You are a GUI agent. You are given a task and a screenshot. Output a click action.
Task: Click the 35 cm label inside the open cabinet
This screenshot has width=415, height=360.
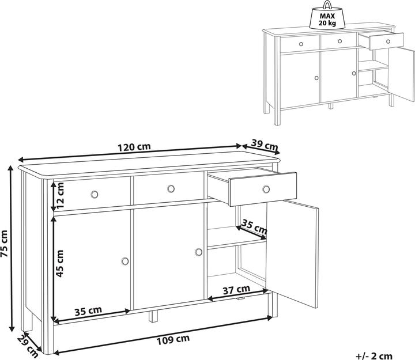(254, 226)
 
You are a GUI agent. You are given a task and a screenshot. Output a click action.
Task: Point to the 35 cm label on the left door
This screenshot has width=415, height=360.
(88, 310)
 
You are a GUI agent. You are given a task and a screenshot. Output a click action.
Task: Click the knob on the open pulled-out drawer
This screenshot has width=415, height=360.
(266, 189)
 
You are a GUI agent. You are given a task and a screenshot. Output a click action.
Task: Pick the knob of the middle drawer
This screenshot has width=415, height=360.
(171, 189)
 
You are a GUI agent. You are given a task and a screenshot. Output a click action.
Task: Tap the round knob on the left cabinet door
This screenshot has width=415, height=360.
(125, 262)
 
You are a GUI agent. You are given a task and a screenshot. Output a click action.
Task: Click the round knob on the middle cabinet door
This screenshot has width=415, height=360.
(199, 252)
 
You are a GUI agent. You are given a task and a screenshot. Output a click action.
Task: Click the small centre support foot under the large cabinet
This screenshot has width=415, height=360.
(153, 315)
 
